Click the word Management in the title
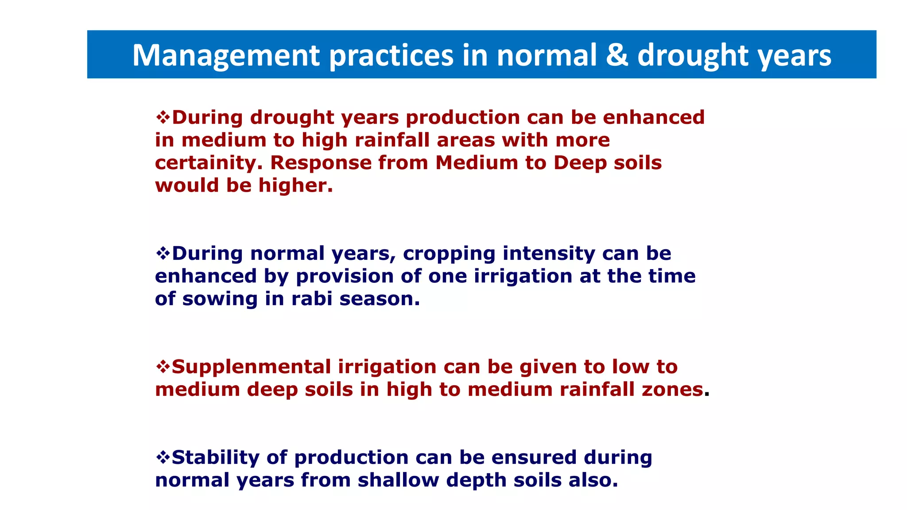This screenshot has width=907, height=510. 226,55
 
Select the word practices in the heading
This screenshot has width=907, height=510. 391,55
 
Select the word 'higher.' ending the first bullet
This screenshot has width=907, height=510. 295,185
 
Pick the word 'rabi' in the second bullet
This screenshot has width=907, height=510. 312,299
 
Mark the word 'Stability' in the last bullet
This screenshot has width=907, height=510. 215,458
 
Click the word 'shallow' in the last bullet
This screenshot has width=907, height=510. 398,480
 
